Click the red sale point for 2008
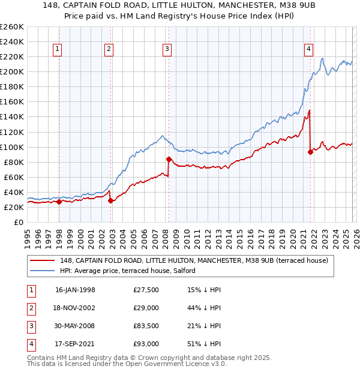pos(169,159)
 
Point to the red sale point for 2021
pos(310,152)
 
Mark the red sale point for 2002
pos(110,200)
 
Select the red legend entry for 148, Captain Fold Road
pos(194,260)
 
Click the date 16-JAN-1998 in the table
pos(75,290)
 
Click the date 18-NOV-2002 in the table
pos(76,307)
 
